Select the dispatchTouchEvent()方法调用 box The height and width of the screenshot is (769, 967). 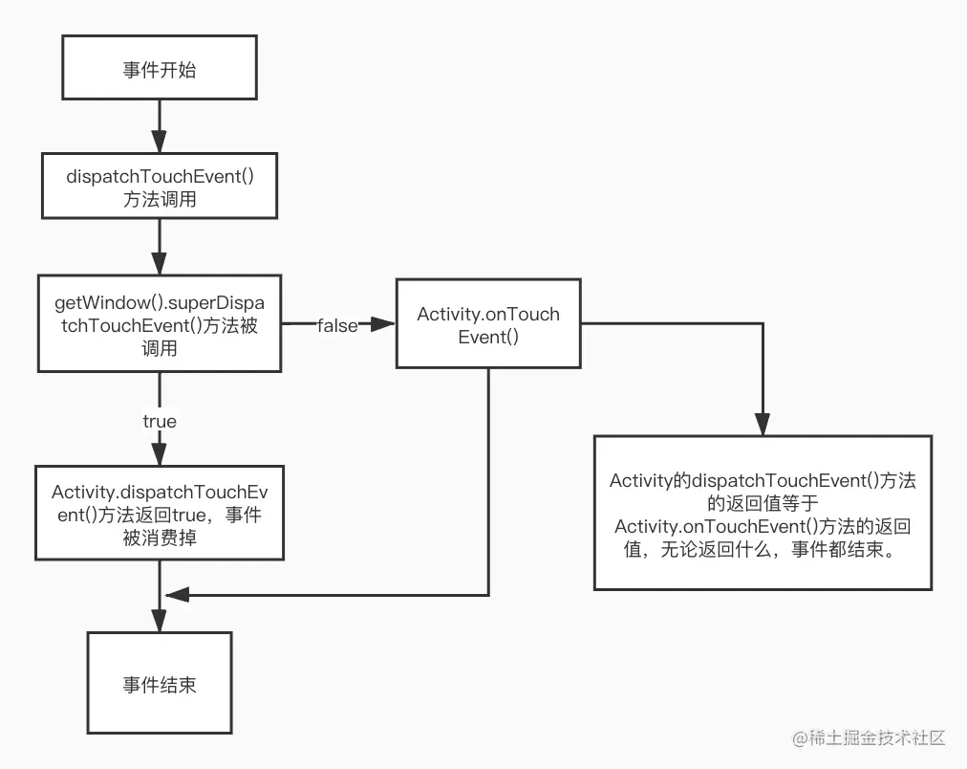coord(159,186)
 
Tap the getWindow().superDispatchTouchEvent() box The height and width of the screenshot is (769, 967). coord(159,324)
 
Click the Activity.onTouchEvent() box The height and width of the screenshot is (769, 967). coord(488,324)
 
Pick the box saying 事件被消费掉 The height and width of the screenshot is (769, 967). coord(159,513)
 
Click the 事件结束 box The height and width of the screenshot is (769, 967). coord(159,683)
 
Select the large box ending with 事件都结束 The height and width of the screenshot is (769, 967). coord(762,513)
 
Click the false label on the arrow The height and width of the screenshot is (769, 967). coord(337,326)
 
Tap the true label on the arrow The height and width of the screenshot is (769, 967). coord(159,421)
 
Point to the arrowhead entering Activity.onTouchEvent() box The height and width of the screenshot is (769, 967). coord(384,325)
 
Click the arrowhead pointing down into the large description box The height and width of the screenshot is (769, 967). coord(762,425)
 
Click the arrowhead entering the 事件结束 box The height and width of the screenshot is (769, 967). coord(159,622)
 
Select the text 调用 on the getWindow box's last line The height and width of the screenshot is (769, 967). coord(159,348)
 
